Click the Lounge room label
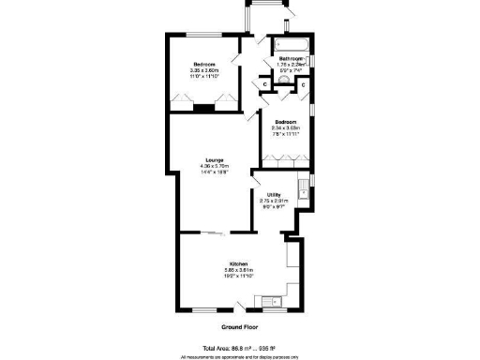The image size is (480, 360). click(215, 159)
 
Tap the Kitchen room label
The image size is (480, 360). click(236, 264)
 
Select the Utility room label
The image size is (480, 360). click(274, 194)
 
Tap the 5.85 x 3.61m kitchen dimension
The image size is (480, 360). click(236, 271)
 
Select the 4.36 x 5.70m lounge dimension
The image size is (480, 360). click(215, 166)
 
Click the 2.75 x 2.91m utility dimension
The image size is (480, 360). click(274, 201)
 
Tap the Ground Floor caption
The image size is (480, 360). click(239, 327)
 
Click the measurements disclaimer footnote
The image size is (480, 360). click(239, 356)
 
